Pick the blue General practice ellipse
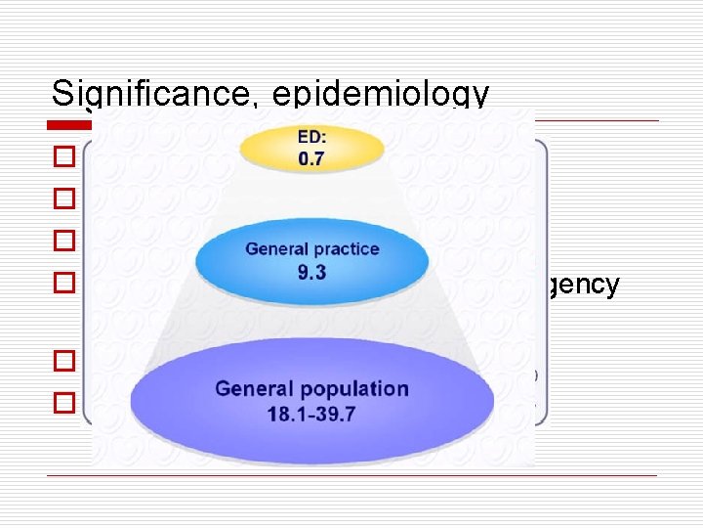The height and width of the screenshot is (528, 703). click(311, 259)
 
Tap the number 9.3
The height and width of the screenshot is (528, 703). click(311, 273)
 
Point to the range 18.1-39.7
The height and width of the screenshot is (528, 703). click(311, 414)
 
